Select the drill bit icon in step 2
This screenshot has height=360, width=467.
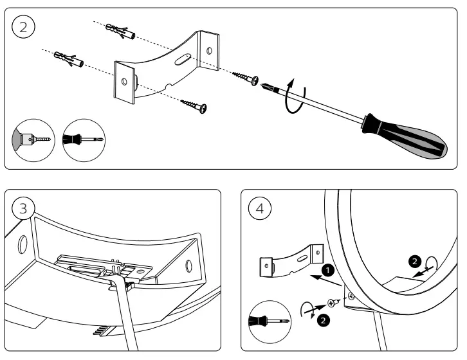pyautogui.click(x=33, y=138)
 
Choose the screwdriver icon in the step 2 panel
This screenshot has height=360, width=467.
pyautogui.click(x=84, y=138)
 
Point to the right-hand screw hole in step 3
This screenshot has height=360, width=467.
pyautogui.click(x=188, y=265)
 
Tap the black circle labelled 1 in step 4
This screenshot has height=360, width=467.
pyautogui.click(x=328, y=271)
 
